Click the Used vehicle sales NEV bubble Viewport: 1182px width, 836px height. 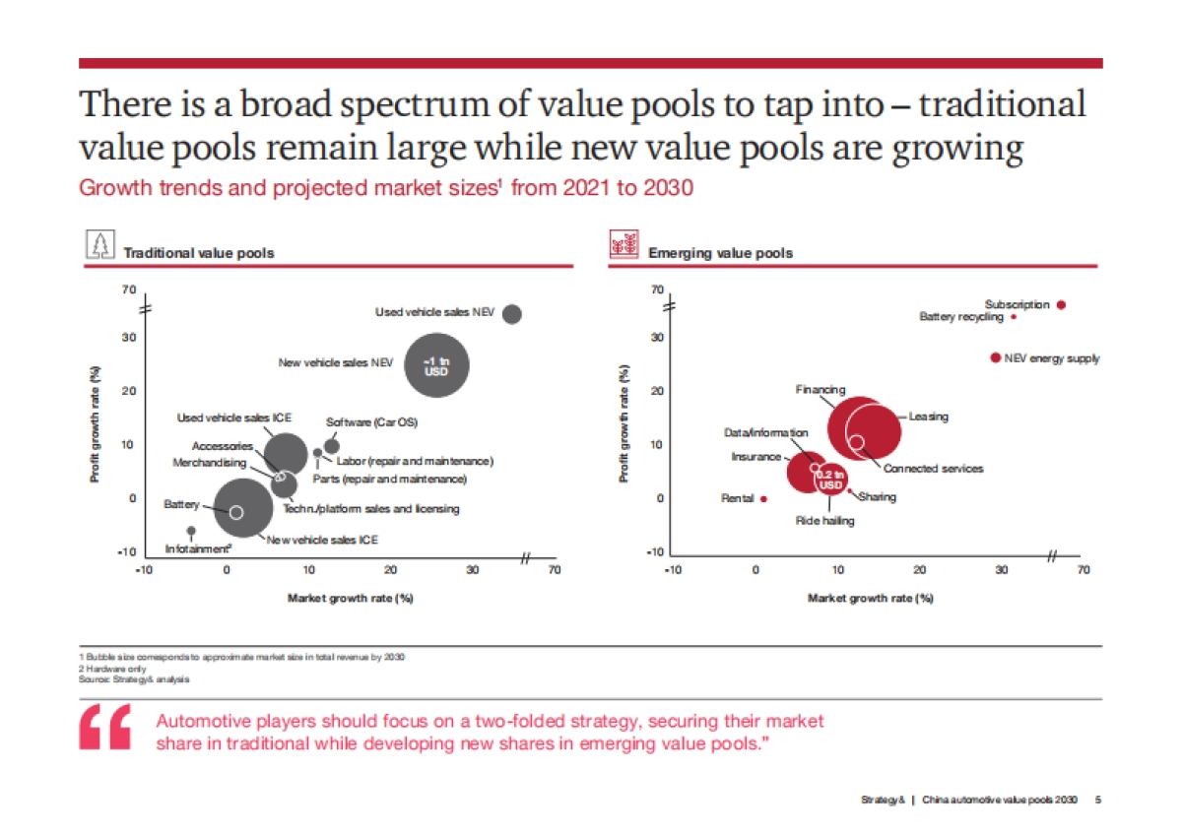512,313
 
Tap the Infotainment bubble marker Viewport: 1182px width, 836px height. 191,531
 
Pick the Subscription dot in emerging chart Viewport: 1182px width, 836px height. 1061,305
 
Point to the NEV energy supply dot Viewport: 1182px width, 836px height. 996,357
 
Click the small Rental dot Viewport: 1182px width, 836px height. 763,499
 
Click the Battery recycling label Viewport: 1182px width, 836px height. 960,317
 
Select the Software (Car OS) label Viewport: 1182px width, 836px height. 371,422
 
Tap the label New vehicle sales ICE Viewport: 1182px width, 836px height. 322,540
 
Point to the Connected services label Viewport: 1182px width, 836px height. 933,469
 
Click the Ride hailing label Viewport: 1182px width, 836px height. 824,520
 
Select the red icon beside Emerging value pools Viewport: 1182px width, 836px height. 624,246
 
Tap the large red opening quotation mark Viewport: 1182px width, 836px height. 105,729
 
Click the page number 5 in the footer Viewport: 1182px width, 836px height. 1098,800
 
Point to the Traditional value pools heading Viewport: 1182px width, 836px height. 198,253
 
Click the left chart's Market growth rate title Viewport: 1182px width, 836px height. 350,598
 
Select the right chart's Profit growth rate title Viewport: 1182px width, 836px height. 624,424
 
